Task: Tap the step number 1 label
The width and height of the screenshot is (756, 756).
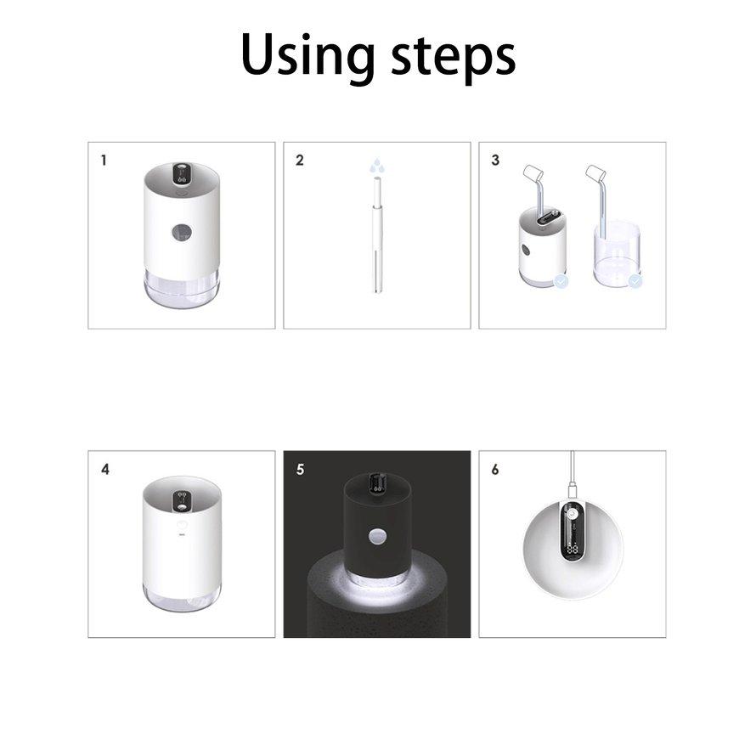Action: click(104, 160)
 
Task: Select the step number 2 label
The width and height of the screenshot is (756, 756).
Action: click(299, 160)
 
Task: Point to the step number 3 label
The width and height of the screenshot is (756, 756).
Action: click(495, 160)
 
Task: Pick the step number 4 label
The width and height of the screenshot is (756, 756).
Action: click(104, 469)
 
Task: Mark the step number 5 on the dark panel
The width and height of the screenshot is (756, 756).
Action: click(300, 469)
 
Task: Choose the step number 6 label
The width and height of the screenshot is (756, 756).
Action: click(495, 469)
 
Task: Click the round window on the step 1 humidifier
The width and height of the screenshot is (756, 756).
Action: click(181, 231)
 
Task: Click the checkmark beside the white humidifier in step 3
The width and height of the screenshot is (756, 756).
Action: click(561, 280)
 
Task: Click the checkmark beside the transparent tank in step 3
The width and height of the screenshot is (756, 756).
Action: click(635, 280)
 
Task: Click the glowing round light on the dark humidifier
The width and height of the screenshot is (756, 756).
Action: click(376, 539)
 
